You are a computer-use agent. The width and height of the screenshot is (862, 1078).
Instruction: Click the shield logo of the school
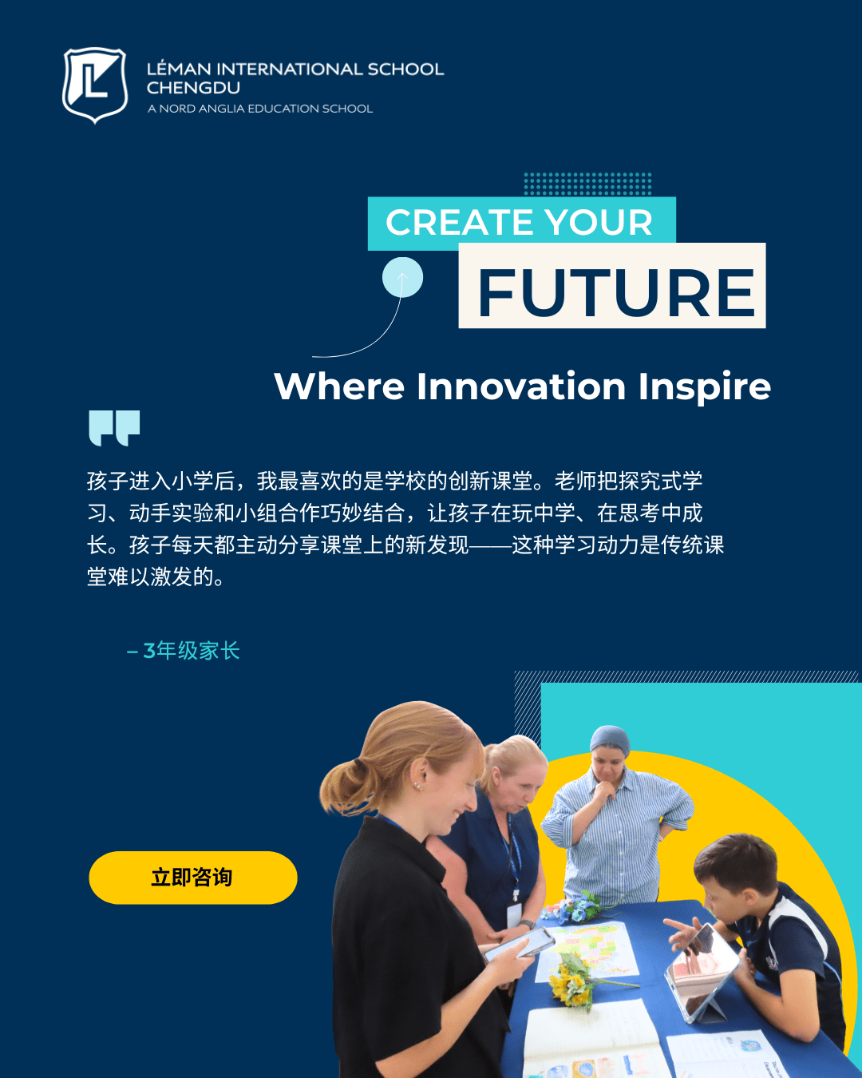click(x=95, y=85)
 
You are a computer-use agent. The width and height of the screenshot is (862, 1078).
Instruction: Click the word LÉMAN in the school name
click(x=179, y=69)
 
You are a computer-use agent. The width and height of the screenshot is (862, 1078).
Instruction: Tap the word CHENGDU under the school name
click(x=193, y=89)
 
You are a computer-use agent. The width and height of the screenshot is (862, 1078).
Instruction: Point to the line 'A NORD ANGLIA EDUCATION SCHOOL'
click(x=260, y=109)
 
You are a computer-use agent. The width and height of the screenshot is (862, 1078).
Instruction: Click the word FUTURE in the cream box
click(x=615, y=292)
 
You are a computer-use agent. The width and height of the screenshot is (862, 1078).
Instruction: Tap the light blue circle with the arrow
click(x=402, y=278)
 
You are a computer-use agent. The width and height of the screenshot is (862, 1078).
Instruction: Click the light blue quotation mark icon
click(x=114, y=427)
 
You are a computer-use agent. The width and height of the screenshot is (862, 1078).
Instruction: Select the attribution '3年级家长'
click(x=191, y=651)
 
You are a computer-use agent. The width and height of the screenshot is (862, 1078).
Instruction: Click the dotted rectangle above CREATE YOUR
click(x=587, y=184)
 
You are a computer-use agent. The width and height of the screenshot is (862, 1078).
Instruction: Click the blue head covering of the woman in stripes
click(x=611, y=739)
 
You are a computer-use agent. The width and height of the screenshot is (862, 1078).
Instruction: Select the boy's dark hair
click(x=734, y=858)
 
